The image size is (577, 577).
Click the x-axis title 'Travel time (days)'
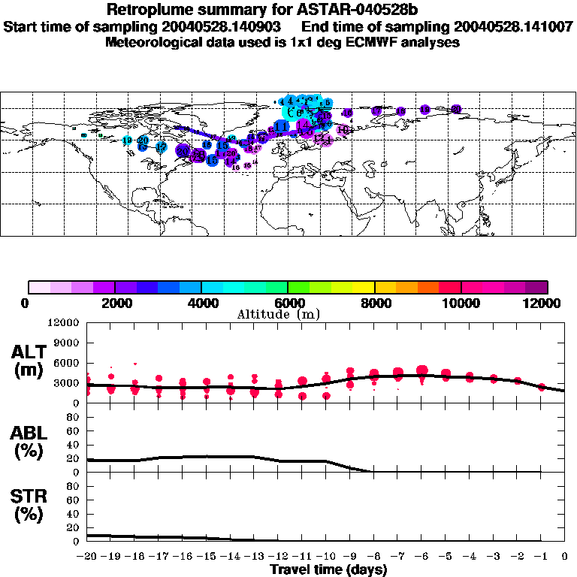click(x=328, y=570)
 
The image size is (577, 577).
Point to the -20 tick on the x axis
click(x=87, y=557)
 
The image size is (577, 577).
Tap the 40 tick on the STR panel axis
click(x=73, y=513)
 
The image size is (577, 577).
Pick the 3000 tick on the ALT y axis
click(x=65, y=382)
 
